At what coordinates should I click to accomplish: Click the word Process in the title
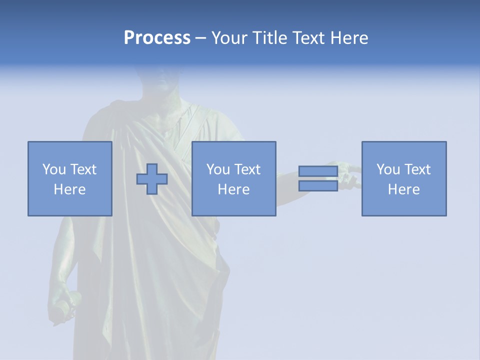point(157,38)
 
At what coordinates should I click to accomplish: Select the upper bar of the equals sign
point(318,171)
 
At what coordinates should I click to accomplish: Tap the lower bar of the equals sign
point(318,185)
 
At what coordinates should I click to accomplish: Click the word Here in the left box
point(69,189)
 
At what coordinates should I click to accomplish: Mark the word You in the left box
point(54,169)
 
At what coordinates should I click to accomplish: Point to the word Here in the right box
point(403,189)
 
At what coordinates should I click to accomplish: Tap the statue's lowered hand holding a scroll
point(63,300)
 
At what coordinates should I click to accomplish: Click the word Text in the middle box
point(246,169)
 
